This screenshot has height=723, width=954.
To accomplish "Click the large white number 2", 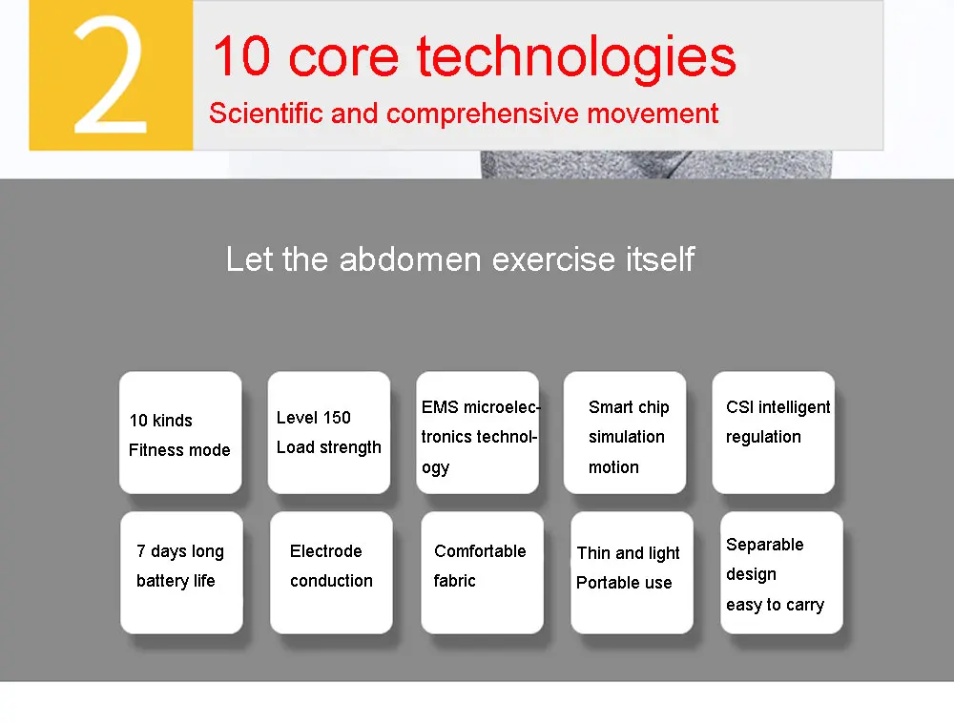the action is [110, 74].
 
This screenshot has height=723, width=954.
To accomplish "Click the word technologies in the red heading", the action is [576, 58].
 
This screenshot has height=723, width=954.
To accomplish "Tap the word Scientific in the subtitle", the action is [266, 114].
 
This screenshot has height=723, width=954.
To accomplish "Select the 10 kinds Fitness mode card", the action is [180, 432].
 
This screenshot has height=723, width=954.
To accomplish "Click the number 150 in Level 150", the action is [337, 417].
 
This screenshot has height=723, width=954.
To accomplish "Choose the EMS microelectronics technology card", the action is [478, 432].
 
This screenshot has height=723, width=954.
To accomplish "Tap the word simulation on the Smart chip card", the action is [626, 437].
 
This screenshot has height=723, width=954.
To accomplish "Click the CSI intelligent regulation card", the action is [774, 432].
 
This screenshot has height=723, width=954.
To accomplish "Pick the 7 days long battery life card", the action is [182, 573].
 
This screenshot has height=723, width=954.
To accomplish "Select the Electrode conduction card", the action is [332, 573].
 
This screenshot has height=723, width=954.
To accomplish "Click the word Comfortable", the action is [480, 551].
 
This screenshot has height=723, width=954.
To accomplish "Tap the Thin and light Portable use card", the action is [633, 573].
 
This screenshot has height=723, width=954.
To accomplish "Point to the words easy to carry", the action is [775, 605].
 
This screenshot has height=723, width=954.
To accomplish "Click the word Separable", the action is [765, 545].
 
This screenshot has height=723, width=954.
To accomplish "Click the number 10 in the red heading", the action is [241, 55].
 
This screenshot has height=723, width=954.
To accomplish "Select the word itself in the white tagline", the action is [660, 259].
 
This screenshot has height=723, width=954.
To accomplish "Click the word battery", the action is [162, 581].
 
